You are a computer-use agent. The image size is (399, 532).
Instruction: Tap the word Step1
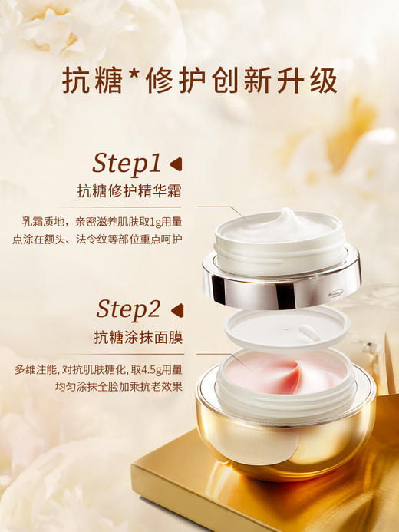(x=127, y=163)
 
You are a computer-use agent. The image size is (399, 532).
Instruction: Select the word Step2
(x=128, y=309)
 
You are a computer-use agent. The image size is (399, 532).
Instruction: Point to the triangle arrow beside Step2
(x=176, y=309)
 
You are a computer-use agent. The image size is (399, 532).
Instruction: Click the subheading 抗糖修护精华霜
(x=129, y=192)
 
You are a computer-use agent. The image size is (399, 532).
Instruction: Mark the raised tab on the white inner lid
(x=311, y=332)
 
